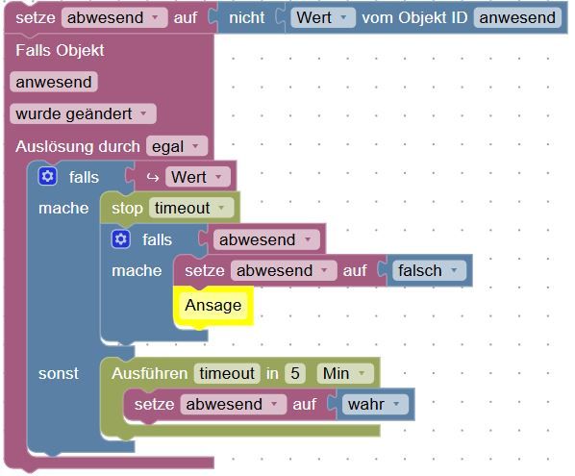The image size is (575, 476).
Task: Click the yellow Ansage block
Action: click(213, 306)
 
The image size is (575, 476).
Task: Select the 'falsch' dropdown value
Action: click(428, 270)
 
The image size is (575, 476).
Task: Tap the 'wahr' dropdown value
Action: click(375, 404)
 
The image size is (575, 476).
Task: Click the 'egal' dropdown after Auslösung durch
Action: click(177, 146)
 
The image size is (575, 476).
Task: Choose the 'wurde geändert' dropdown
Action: click(83, 113)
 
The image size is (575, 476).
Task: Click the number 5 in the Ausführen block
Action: click(295, 373)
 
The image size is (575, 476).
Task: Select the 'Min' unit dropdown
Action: click(344, 373)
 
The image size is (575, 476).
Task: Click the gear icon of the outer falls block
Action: click(47, 176)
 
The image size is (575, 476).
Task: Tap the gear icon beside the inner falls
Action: click(120, 239)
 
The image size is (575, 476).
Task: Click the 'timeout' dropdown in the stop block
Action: click(191, 208)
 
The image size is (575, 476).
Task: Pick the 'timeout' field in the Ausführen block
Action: click(227, 373)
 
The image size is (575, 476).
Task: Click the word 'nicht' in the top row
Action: click(247, 17)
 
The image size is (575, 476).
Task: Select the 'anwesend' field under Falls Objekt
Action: click(54, 82)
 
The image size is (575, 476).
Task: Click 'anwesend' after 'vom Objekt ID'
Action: click(517, 17)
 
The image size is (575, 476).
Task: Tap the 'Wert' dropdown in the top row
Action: click(323, 17)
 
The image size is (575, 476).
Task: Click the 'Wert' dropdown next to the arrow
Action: click(198, 177)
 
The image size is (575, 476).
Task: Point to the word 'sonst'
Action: click(59, 374)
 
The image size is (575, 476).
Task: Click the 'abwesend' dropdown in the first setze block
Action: click(114, 17)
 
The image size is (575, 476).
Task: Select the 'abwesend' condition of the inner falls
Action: click(266, 239)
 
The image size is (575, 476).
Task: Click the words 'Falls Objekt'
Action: click(60, 50)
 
